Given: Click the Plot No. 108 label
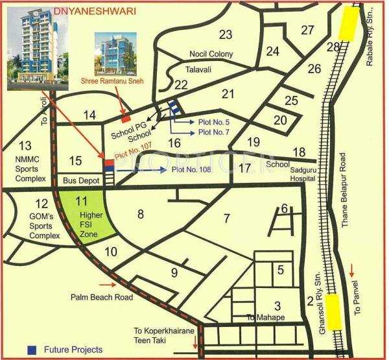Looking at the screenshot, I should coord(193,170).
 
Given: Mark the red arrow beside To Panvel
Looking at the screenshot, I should coord(351,269).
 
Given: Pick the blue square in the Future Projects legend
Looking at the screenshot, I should coord(31,350).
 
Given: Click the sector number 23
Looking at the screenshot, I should coord(226,34).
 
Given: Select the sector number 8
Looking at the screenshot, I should coord(139,212).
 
